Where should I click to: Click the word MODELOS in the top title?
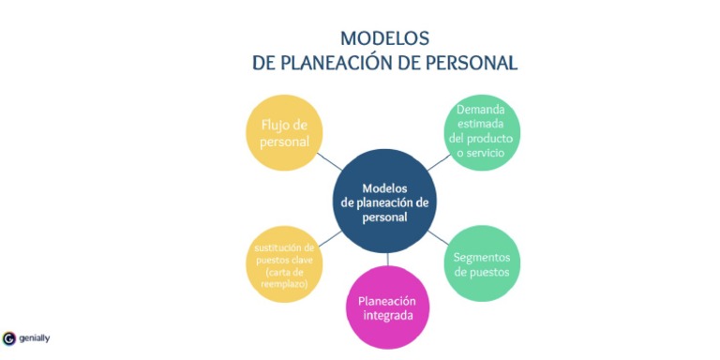384,38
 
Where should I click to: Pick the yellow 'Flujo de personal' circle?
284,132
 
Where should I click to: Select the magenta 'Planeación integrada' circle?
387,308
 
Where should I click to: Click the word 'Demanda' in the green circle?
481,110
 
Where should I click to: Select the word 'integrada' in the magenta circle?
387,317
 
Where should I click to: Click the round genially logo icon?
9,337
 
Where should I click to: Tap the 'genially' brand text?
34,337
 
